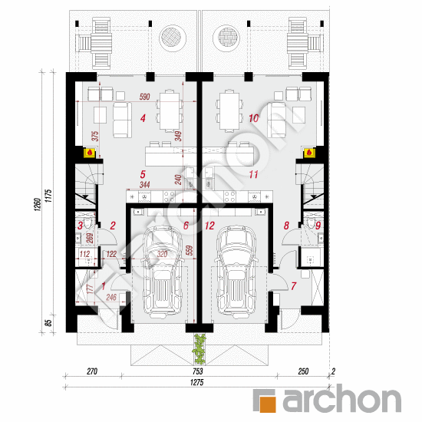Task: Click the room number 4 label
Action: (x=143, y=118)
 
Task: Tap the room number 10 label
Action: (x=254, y=118)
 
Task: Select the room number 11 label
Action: (x=253, y=175)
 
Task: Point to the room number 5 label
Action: (x=143, y=175)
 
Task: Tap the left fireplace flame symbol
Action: (x=91, y=153)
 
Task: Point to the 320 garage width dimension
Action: (x=162, y=252)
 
